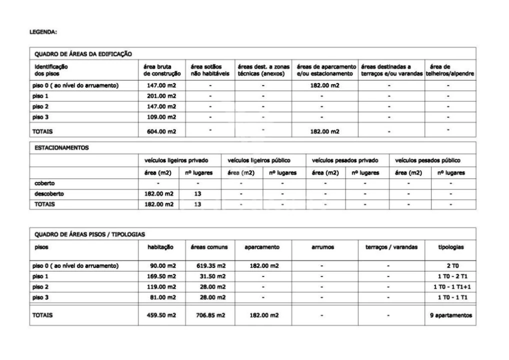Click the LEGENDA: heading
point(43,32)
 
